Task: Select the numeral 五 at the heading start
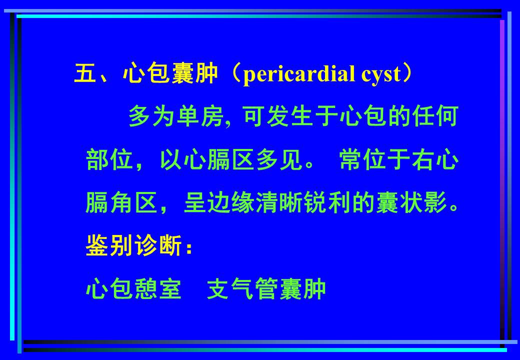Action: click(85, 74)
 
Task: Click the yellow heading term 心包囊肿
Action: click(170, 74)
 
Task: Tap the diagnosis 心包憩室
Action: click(134, 289)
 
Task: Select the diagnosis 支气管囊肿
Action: click(267, 289)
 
